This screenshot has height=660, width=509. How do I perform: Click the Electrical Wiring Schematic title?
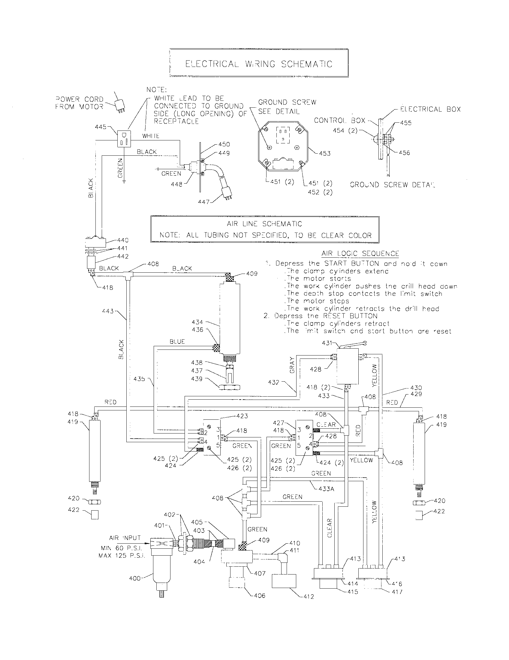click(x=258, y=64)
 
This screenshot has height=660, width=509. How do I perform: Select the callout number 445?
click(x=101, y=127)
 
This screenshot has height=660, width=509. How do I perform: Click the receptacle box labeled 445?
click(x=124, y=139)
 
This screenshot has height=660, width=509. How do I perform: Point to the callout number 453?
click(x=325, y=153)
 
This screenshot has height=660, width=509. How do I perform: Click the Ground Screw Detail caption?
click(x=392, y=184)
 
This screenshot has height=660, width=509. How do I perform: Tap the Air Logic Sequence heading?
click(x=360, y=253)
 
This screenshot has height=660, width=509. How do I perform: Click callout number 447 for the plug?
click(x=204, y=201)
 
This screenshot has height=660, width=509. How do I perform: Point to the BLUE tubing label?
click(x=177, y=341)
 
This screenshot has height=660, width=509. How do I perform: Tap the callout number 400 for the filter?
click(x=135, y=578)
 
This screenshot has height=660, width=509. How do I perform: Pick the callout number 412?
click(x=309, y=596)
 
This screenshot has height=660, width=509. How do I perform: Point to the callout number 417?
click(x=397, y=592)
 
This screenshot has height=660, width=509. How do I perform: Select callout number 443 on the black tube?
click(x=108, y=311)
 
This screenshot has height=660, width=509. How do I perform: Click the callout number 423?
click(x=242, y=416)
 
